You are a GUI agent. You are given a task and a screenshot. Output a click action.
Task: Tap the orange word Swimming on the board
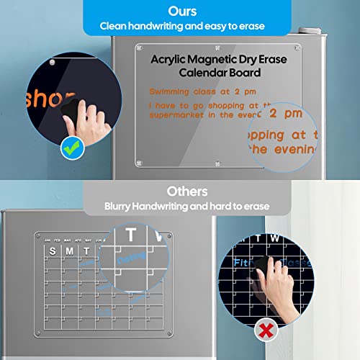[171, 93]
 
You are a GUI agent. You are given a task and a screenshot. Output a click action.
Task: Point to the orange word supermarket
[176, 114]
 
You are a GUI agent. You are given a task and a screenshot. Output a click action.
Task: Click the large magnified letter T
[131, 235]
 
